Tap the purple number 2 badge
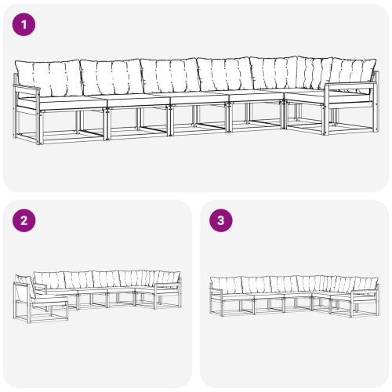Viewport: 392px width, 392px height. tap(25, 220)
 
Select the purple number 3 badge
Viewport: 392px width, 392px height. tap(221, 220)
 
